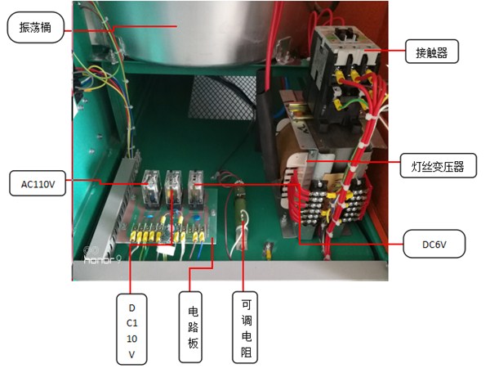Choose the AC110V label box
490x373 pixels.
(38, 182)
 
